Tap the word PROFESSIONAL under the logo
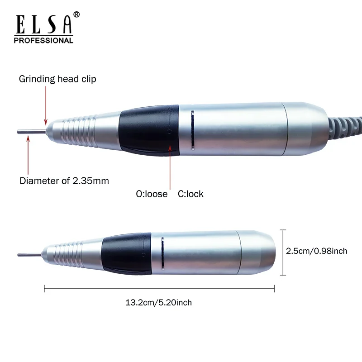[44, 40]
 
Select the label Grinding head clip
[57, 79]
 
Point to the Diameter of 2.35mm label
[64, 181]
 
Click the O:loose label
[152, 194]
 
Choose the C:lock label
[191, 194]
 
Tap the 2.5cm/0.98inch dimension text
[317, 251]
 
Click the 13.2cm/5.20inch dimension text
[158, 303]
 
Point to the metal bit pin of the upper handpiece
[32, 132]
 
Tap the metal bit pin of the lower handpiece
[29, 254]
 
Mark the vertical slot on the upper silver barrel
[192, 129]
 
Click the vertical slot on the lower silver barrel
[162, 253]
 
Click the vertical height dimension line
[283, 252]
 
